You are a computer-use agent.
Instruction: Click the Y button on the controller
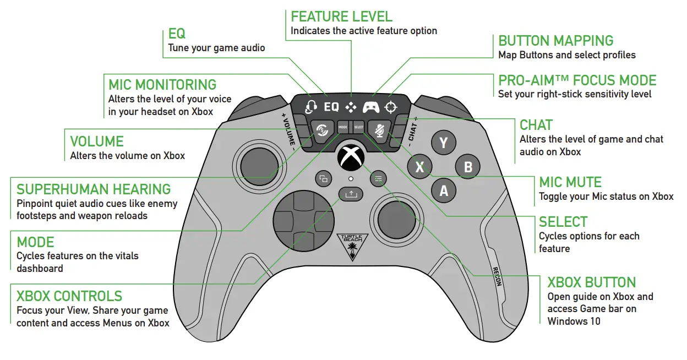[x=443, y=143]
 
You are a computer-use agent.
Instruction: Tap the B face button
[x=468, y=166]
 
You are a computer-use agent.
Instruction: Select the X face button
[x=419, y=167]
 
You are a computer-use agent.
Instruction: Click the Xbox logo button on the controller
[x=351, y=158]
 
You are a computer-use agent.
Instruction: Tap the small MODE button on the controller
[x=343, y=127]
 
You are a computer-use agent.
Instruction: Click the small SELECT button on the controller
[x=358, y=127]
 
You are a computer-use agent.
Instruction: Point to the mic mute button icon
[x=379, y=130]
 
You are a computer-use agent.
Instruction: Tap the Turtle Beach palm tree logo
[x=350, y=247]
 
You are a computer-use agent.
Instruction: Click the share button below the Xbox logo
[x=351, y=194]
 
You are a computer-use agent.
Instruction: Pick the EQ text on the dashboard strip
[x=331, y=106]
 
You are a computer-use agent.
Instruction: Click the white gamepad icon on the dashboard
[x=370, y=106]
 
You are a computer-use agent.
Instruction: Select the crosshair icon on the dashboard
[x=391, y=106]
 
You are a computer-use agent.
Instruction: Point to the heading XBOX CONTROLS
[x=69, y=296]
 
